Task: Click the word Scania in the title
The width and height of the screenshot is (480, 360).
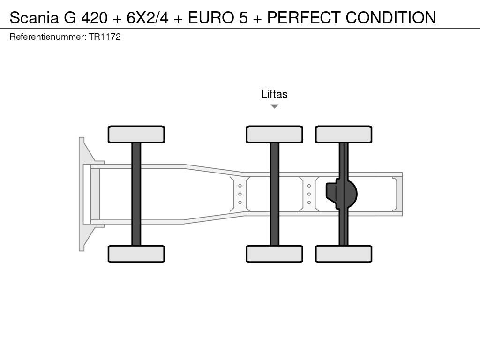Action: [x=34, y=17]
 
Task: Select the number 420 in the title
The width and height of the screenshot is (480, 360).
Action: [x=94, y=17]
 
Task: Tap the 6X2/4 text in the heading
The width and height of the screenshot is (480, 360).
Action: [x=148, y=17]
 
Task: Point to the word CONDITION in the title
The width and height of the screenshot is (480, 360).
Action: [x=391, y=17]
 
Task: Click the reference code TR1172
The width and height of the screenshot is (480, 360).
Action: [x=105, y=37]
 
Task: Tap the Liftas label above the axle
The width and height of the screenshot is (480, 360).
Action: [x=274, y=94]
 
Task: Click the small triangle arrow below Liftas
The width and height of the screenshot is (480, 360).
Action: [x=275, y=106]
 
